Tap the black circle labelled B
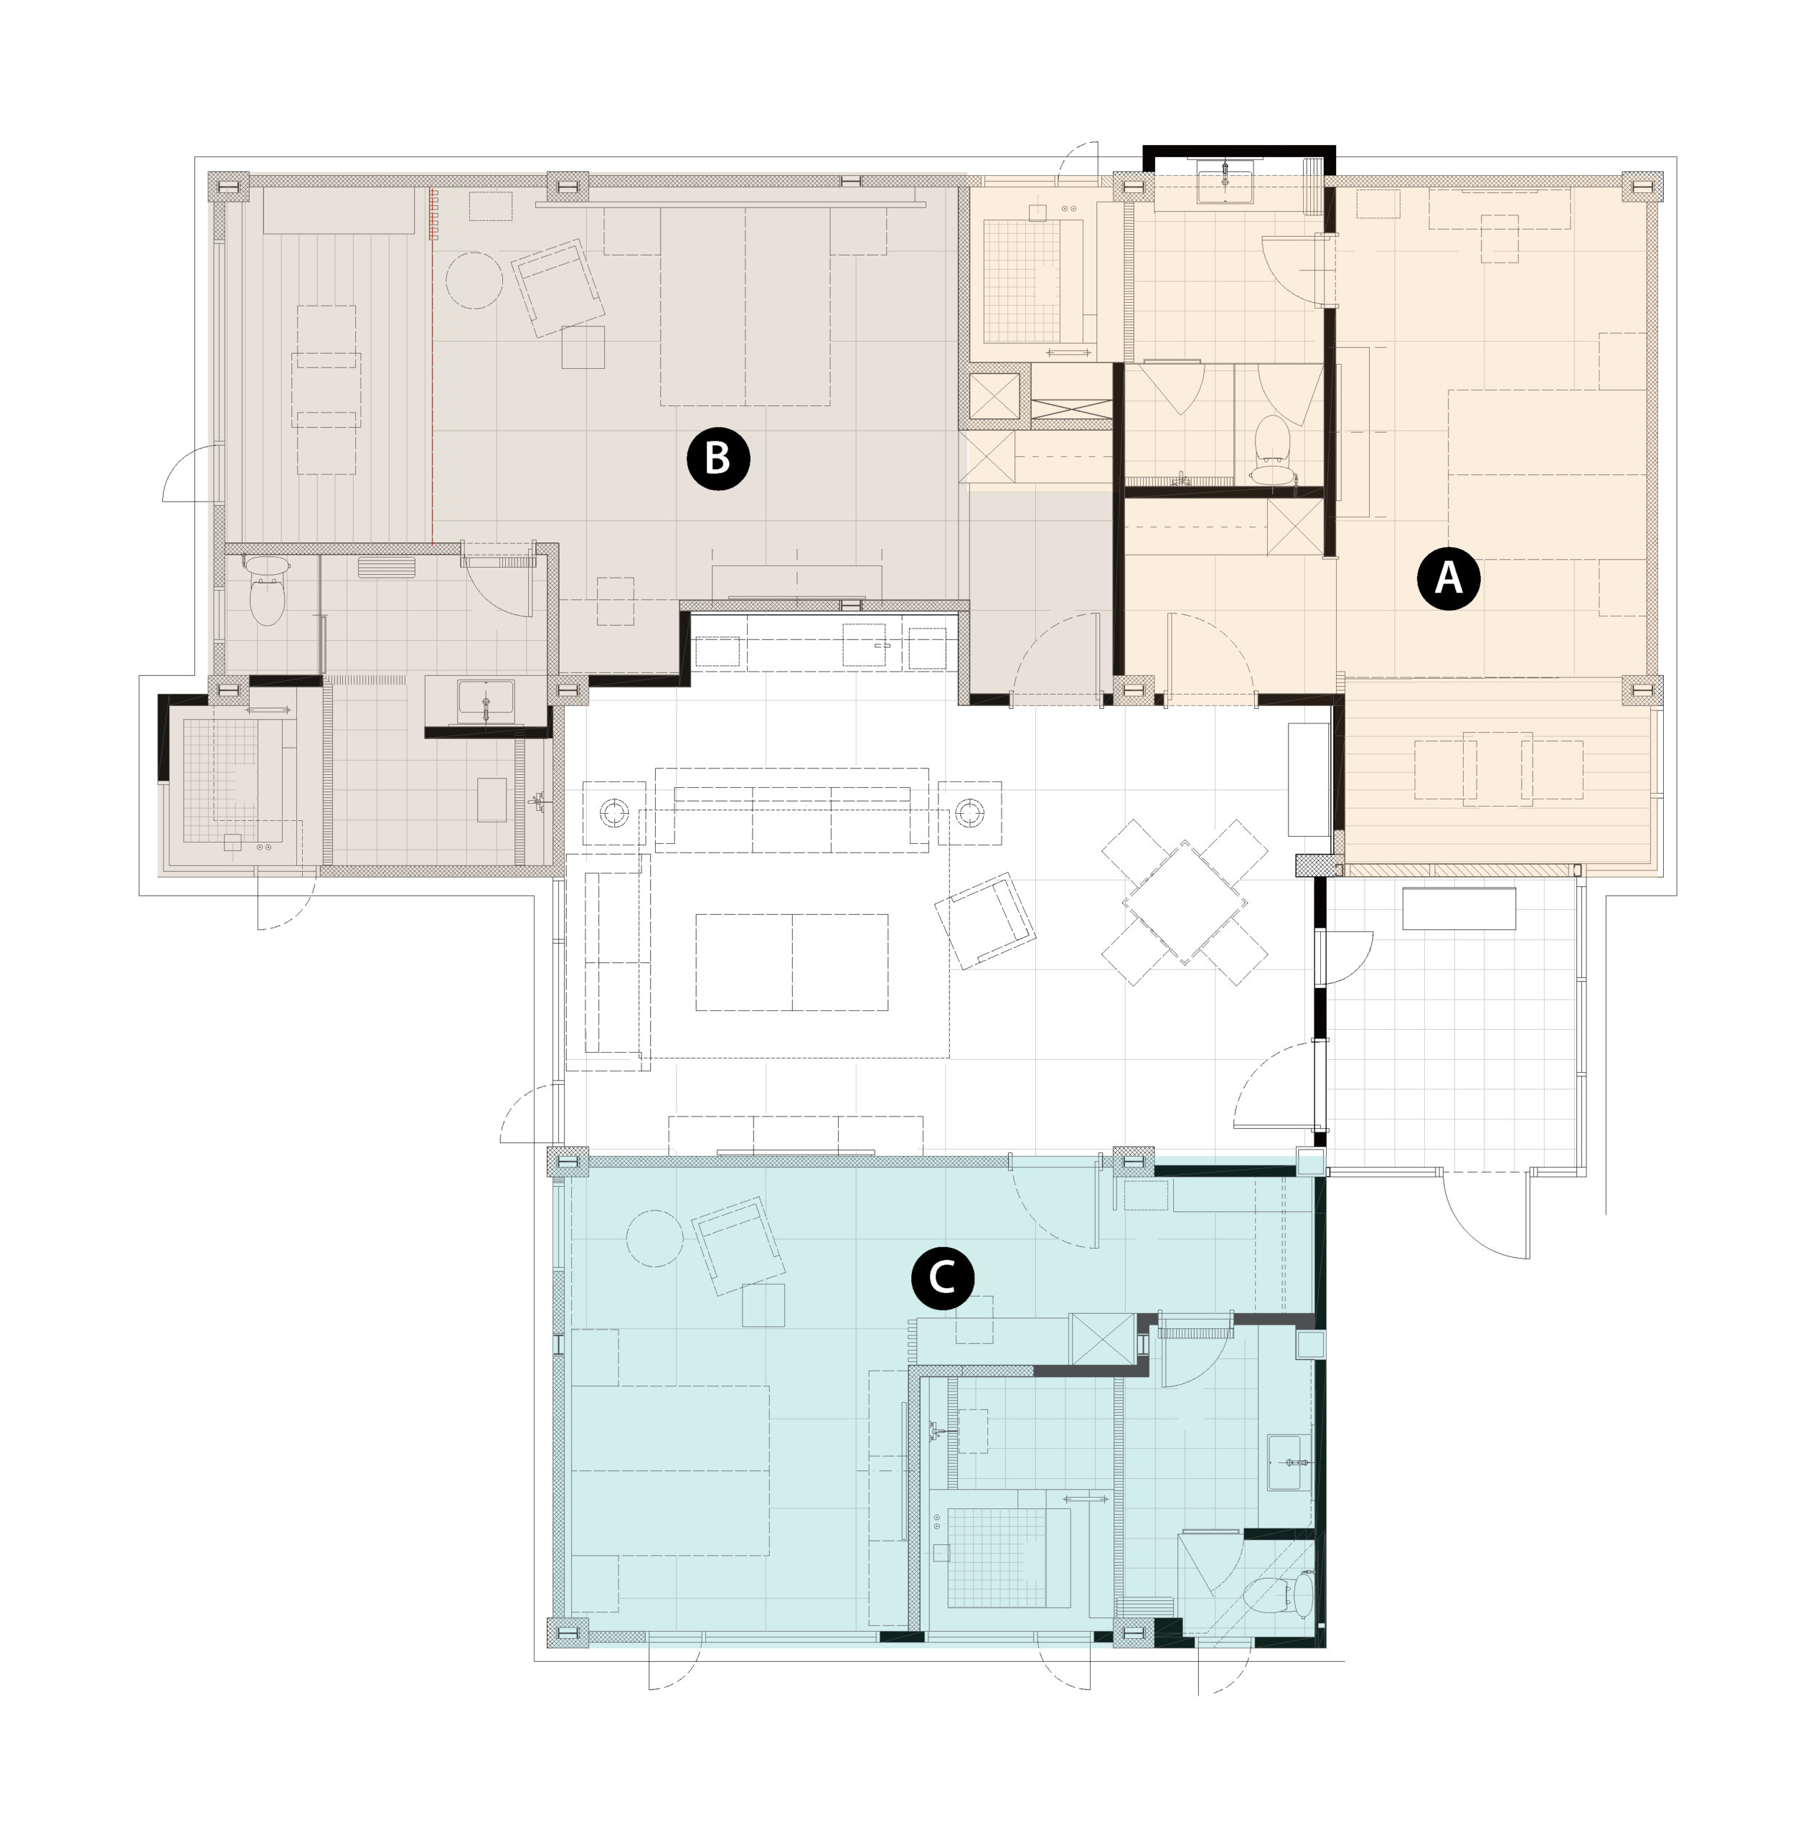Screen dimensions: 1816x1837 point(718,459)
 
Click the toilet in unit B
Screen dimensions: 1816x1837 point(267,591)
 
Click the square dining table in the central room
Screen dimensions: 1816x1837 point(1185,902)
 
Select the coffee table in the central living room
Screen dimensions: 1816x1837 point(792,962)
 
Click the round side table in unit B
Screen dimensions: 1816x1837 point(474,278)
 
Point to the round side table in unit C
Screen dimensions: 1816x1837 point(655,1238)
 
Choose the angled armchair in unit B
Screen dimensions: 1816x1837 point(558,288)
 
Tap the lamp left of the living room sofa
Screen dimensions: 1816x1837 point(614,812)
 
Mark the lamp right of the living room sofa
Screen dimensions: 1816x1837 point(970,812)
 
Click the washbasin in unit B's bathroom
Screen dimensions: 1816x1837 point(486,702)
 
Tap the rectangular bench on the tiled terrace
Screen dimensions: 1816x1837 point(1459,908)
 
